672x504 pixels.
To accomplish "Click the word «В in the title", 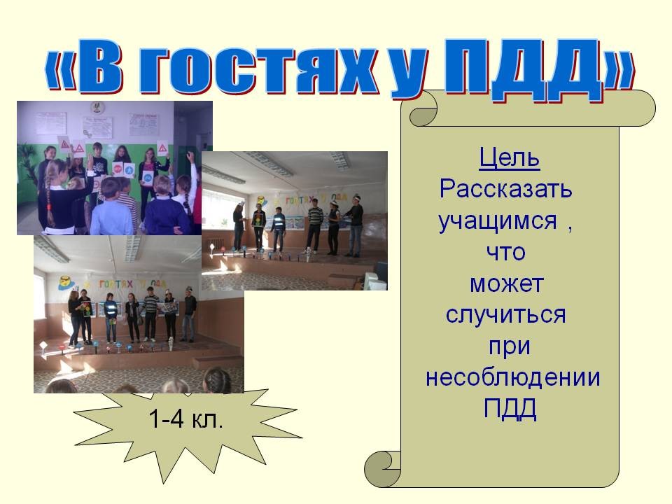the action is pos(83,66).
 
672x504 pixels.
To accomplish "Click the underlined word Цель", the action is pos(509,158).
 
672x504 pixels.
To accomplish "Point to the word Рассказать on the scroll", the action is pos(505,188).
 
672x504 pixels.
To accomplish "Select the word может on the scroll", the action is pos(507,283).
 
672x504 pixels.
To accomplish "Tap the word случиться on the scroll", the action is pos(505,315).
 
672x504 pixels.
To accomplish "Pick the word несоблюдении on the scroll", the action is pos(512,377).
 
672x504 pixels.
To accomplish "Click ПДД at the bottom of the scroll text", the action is pos(510,408).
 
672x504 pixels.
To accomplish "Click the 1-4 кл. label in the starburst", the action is pos(185,419).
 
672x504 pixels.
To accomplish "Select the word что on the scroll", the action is pos(505,253).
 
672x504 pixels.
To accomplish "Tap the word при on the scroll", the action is pos(510,347).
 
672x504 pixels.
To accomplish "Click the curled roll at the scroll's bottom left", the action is pos(382,469).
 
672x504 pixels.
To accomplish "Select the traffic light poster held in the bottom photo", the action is pos(87,309).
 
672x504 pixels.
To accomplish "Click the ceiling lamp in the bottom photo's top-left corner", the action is pos(51,250).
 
